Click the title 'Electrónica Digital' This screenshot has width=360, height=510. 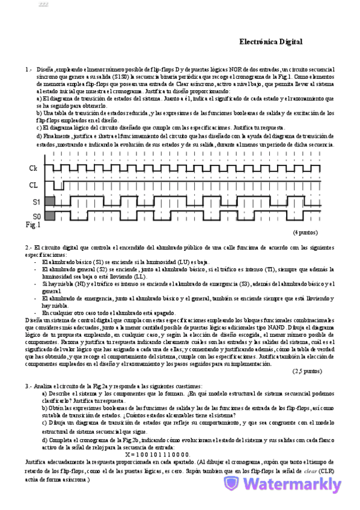point(270,42)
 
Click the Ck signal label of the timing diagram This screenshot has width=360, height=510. point(33,169)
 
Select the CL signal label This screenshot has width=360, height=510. point(33,185)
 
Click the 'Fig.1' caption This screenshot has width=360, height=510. point(32,225)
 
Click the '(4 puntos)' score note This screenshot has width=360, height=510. point(305,232)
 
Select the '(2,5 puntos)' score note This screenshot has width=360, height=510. point(307,371)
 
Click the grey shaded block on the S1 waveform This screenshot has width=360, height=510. point(49,200)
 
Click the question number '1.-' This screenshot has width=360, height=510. point(28,70)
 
